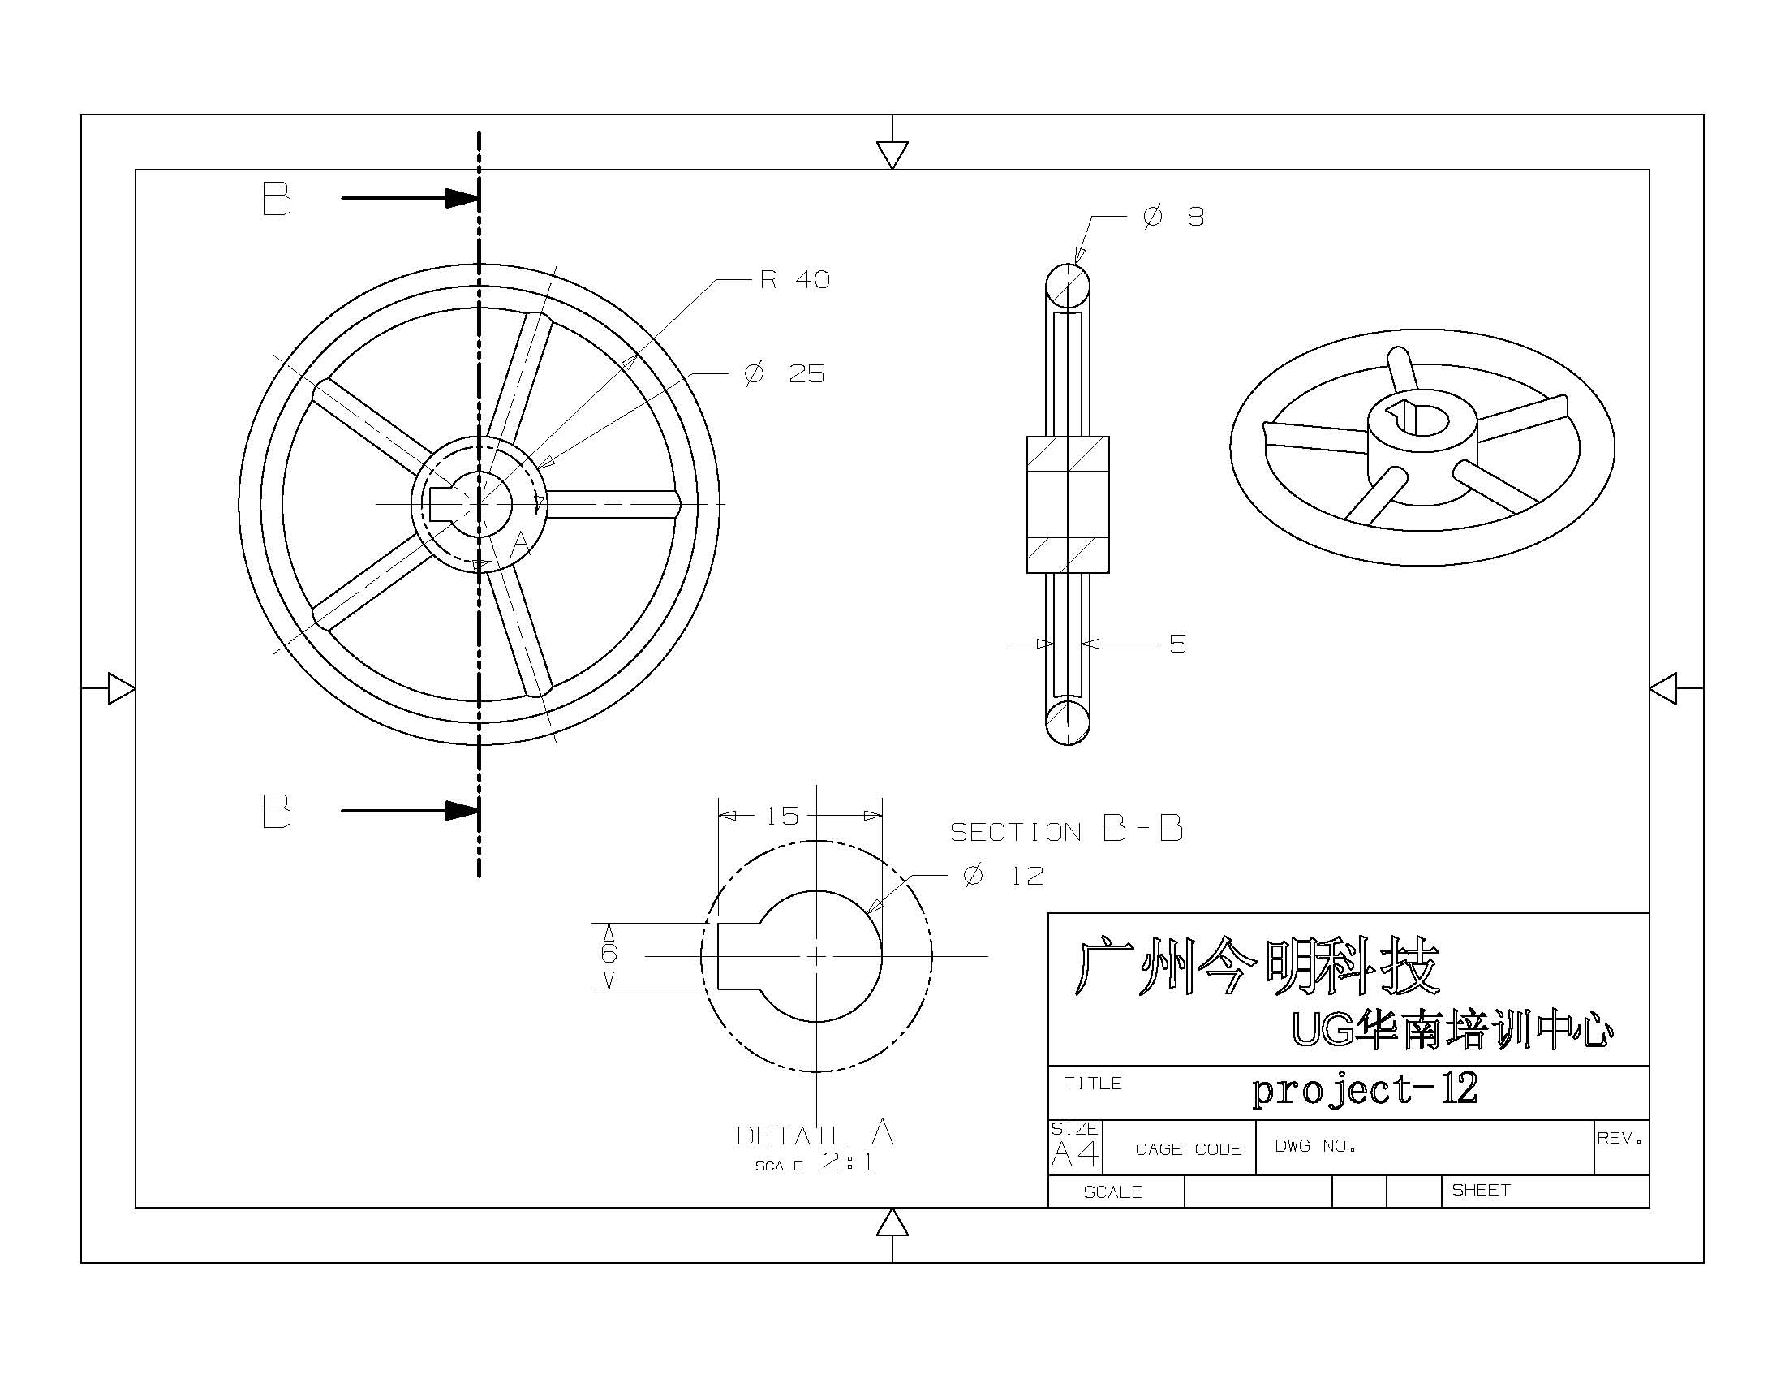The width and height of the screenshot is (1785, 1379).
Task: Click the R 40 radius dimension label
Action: click(x=794, y=280)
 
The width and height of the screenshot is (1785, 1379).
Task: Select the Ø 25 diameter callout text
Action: click(x=784, y=374)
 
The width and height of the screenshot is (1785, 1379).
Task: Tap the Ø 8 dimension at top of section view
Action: click(x=1173, y=218)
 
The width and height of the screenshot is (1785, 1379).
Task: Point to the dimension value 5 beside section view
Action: click(x=1177, y=644)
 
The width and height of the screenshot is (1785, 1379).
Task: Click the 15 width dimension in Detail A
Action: click(x=782, y=816)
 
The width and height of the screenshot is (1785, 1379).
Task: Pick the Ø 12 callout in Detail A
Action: click(x=1004, y=877)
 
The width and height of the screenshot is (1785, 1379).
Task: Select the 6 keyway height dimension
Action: click(x=609, y=954)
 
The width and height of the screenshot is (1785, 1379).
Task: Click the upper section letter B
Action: click(x=276, y=200)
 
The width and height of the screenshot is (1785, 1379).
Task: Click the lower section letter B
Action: click(x=276, y=812)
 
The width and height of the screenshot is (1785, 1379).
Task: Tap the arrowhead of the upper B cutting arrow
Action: click(x=462, y=199)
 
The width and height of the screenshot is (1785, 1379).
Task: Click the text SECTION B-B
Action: click(x=1066, y=830)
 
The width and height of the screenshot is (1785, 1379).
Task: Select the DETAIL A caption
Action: click(x=815, y=1134)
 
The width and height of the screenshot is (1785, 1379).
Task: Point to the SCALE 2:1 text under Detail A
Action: click(x=815, y=1163)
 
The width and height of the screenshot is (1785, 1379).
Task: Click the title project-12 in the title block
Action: click(x=1365, y=1089)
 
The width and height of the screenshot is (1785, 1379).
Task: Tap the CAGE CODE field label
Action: click(x=1188, y=1149)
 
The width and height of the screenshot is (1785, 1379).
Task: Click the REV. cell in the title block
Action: click(x=1619, y=1138)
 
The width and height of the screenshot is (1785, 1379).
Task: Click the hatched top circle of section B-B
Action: click(x=1068, y=285)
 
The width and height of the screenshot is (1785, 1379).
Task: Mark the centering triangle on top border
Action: click(x=892, y=153)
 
